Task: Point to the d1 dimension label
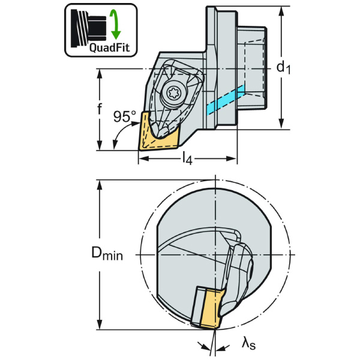point(283,68)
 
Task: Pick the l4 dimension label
point(187,158)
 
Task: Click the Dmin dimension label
point(107,254)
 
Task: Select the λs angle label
point(247,343)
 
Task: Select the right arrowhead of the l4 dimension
point(233,159)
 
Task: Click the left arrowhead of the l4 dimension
point(142,159)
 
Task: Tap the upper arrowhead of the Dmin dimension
point(98,182)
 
